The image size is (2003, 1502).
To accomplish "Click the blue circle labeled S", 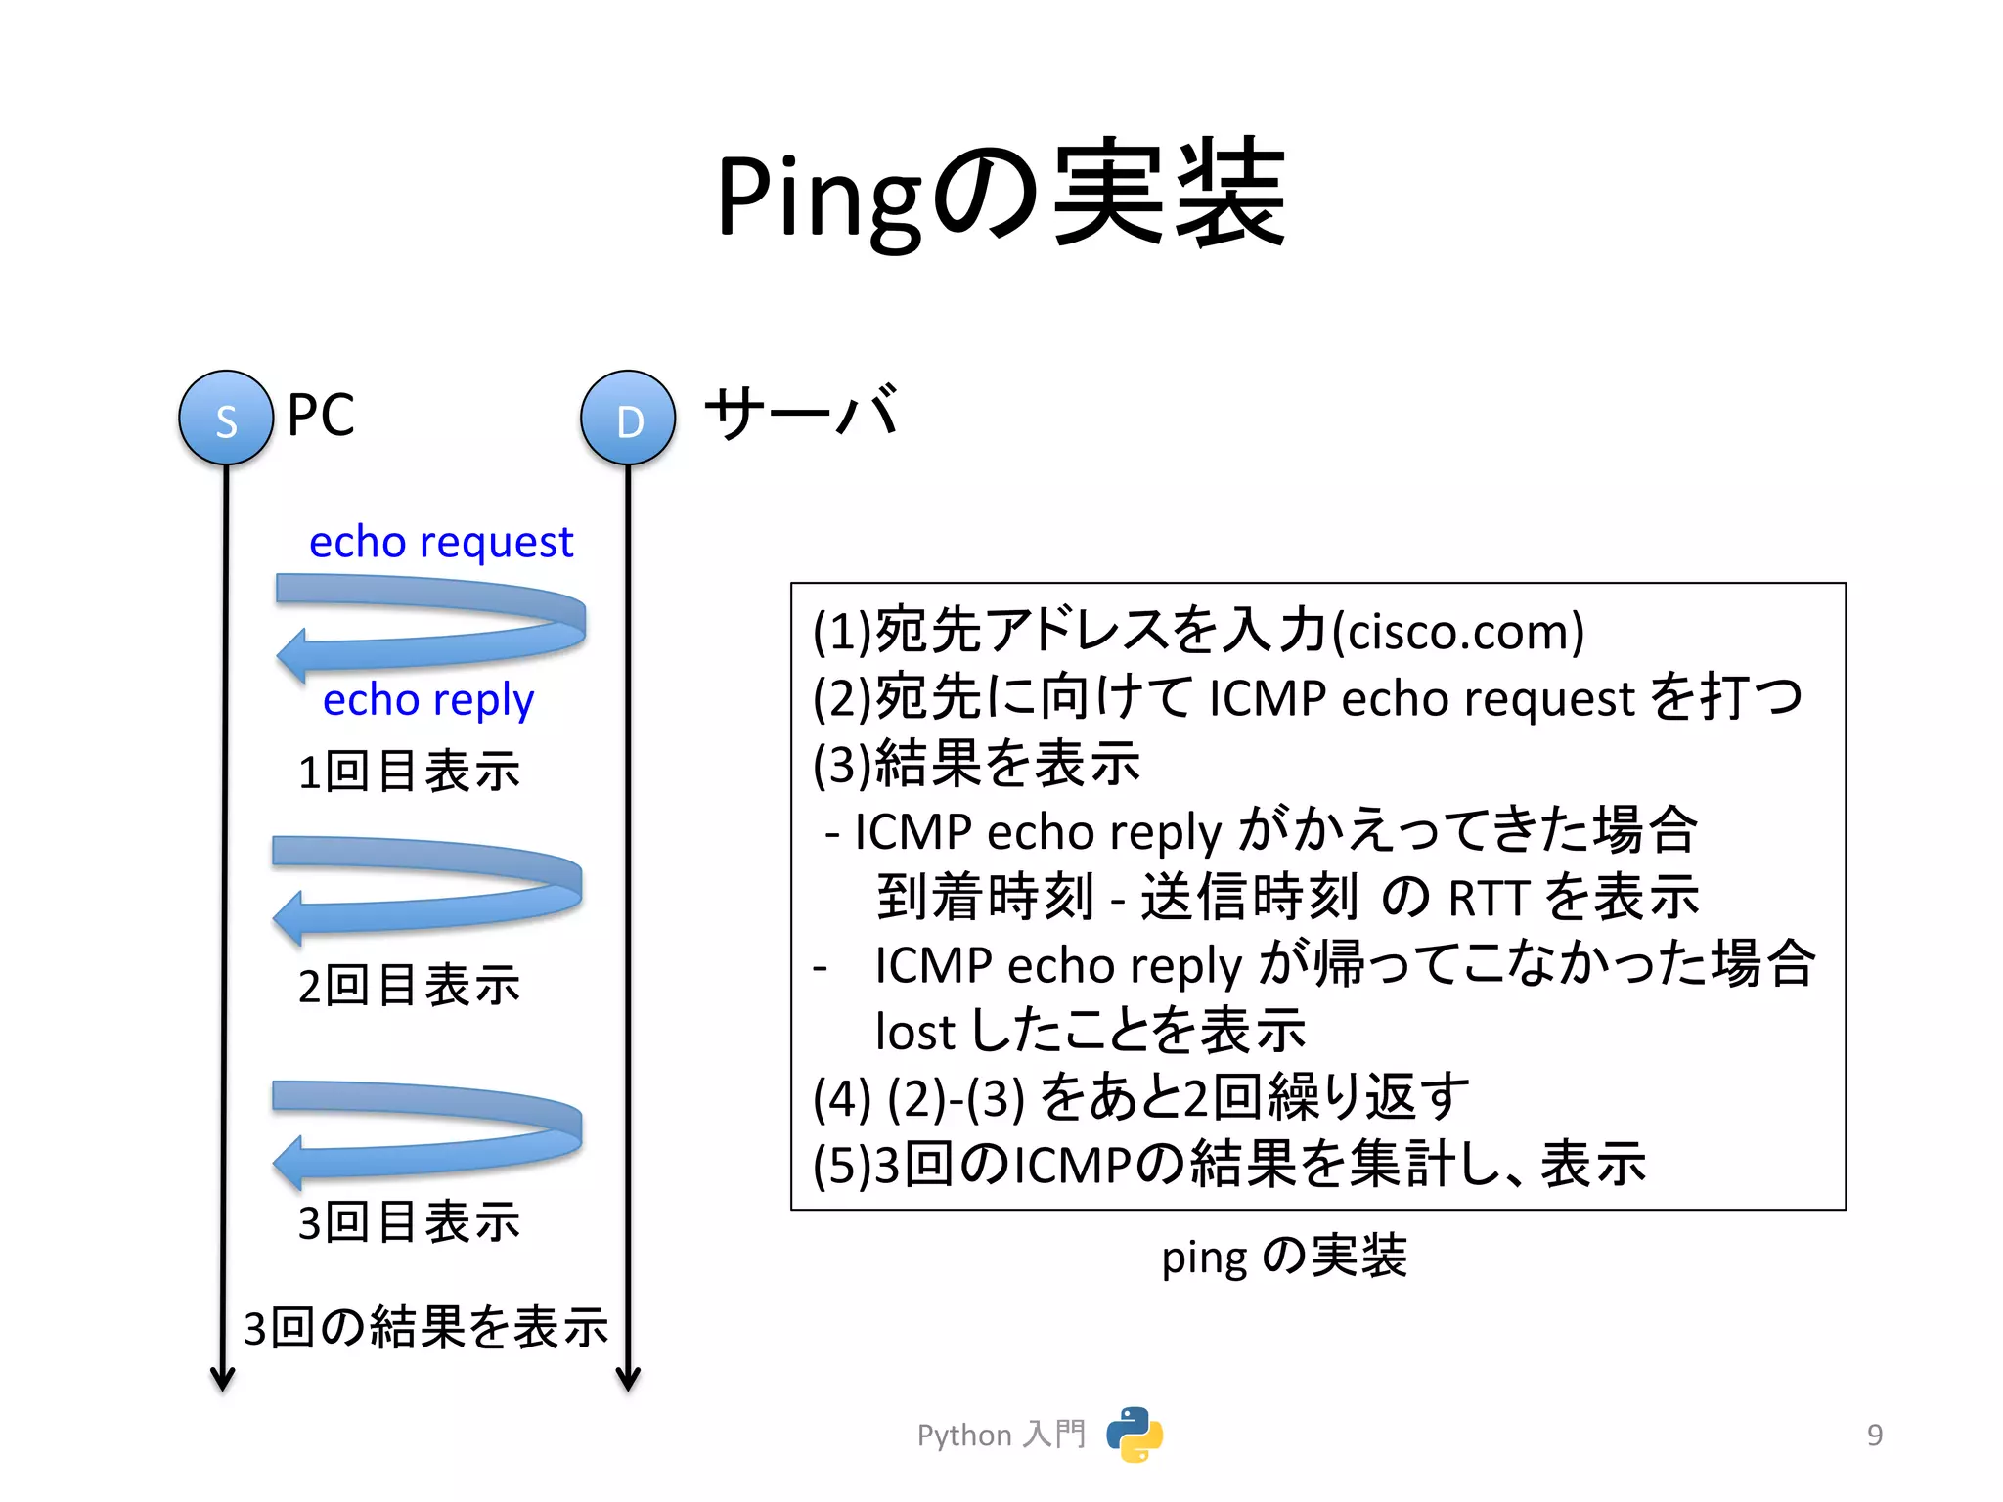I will [226, 418].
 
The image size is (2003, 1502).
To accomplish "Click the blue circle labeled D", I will [628, 418].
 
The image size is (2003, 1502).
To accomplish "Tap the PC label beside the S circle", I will [321, 415].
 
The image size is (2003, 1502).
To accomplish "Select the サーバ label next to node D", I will [801, 413].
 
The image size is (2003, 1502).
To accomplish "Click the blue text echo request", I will [441, 542].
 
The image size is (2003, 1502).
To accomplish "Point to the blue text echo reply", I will [428, 700].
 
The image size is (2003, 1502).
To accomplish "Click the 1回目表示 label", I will [409, 772].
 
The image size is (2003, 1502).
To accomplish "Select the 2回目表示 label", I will [409, 985].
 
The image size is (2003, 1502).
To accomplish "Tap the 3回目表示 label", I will [409, 1222].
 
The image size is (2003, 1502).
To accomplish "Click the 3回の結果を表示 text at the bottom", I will [425, 1328].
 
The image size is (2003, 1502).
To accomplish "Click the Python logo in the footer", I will [1135, 1435].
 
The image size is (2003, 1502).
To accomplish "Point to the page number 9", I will [1874, 1435].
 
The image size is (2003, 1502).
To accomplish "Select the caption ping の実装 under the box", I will [1283, 1257].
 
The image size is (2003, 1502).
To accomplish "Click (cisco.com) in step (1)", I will [1458, 632].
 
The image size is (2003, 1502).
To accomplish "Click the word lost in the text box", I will [914, 1033].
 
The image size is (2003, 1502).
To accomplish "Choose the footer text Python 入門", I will [1001, 1435].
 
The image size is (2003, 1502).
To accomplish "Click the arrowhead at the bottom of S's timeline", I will [223, 1379].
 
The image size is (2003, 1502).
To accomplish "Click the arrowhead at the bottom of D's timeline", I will [628, 1379].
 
